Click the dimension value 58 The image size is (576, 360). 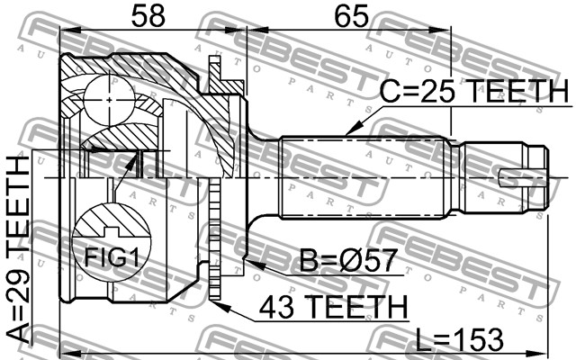[x=148, y=16]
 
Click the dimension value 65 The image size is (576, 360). [x=352, y=16]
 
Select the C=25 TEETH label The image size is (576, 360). [x=474, y=91]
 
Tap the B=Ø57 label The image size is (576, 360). [x=348, y=260]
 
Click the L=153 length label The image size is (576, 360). [x=459, y=339]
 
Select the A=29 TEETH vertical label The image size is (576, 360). [x=18, y=249]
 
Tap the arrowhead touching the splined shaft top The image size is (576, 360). [x=354, y=129]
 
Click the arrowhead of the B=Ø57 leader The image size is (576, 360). [x=256, y=264]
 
